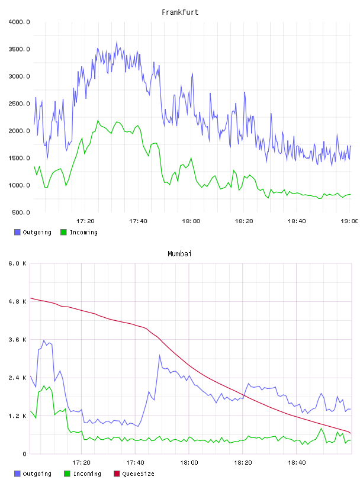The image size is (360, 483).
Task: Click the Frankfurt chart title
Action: (180, 12)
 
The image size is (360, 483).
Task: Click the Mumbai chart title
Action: (179, 254)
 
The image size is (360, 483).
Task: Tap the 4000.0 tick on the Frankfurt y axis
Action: (19, 22)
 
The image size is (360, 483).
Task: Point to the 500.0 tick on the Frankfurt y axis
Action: (21, 212)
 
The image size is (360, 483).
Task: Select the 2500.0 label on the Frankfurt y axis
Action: (19, 104)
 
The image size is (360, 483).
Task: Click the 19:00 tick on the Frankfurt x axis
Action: (349, 221)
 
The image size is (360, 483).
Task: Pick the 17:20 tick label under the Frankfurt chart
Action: (85, 221)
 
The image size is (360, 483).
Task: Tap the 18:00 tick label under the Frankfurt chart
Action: (191, 221)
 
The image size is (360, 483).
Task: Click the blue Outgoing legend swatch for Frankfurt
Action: (17, 232)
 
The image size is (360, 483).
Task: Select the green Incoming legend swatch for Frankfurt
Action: (63, 232)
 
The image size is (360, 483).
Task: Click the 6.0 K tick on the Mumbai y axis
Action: (17, 263)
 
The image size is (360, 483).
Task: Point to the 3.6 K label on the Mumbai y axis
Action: (17, 340)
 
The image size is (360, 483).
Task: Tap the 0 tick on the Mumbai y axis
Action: (24, 454)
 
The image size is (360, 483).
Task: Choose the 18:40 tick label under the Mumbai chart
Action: (297, 463)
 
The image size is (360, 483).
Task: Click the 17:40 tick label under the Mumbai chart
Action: (136, 463)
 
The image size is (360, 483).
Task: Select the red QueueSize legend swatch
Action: (117, 474)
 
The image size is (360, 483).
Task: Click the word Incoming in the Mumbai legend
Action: (87, 474)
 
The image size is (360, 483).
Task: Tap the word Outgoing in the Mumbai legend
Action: (37, 474)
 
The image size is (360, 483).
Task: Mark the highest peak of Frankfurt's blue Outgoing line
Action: (117, 41)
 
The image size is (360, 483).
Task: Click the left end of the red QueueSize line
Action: (30, 298)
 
